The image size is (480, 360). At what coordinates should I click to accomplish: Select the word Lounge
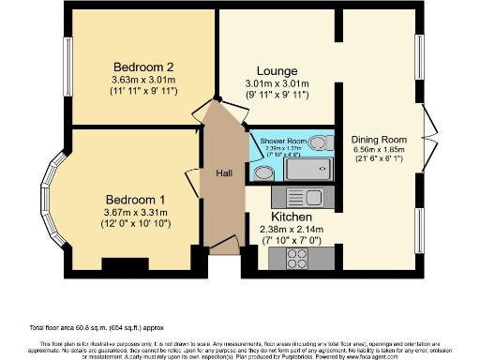pos(277,71)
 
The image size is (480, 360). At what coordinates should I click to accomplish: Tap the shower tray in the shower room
pos(308,170)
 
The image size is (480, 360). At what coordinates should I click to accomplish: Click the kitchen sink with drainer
pos(303,198)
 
